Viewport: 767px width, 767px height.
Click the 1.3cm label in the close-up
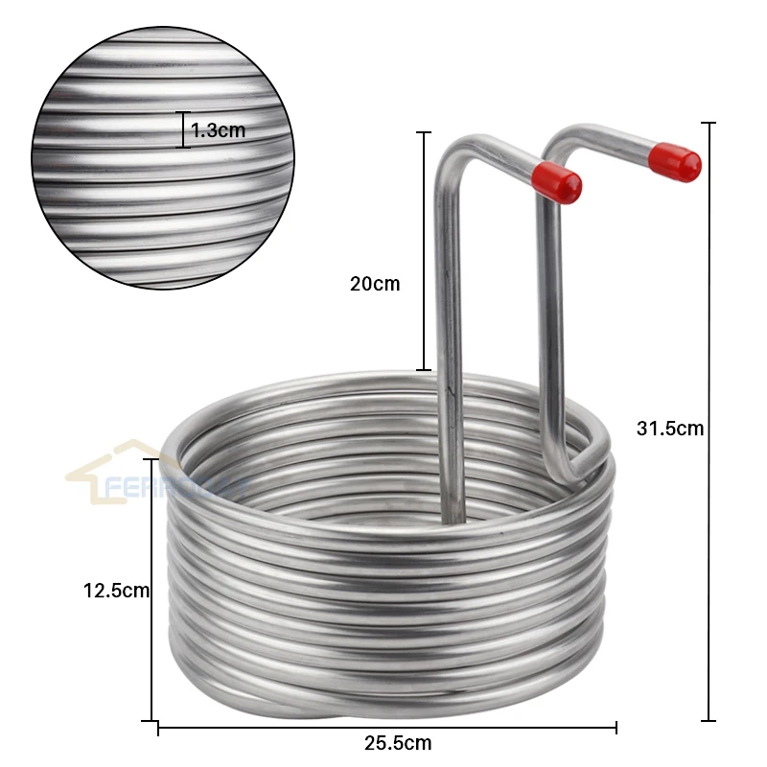tap(218, 130)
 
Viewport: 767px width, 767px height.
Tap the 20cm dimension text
tap(375, 284)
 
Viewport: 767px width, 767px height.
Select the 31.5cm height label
tap(670, 429)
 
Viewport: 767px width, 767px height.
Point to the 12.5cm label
tap(116, 591)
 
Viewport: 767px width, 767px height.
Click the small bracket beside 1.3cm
tap(185, 130)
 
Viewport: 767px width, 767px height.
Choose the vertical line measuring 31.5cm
tap(709, 422)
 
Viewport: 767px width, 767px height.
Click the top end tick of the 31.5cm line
tap(709, 123)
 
